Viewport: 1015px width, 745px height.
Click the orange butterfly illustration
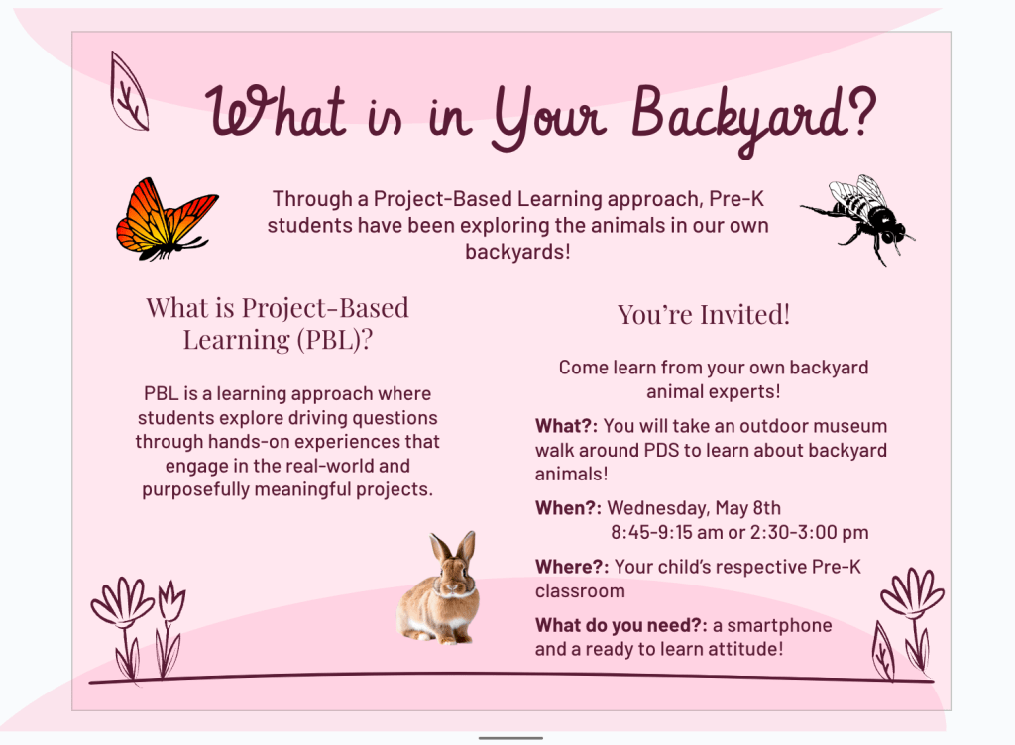coord(167,220)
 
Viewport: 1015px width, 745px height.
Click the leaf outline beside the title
coord(129,91)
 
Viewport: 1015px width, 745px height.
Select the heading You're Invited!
coord(704,315)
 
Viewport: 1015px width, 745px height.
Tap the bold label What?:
coord(566,426)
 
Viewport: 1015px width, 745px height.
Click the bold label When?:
coord(568,508)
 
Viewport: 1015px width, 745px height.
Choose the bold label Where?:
coord(572,567)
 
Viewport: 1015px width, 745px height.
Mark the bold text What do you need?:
coord(620,625)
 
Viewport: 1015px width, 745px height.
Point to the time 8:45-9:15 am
coord(667,532)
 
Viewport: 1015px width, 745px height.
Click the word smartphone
coord(779,626)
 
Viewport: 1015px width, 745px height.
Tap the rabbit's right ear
coord(467,548)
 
